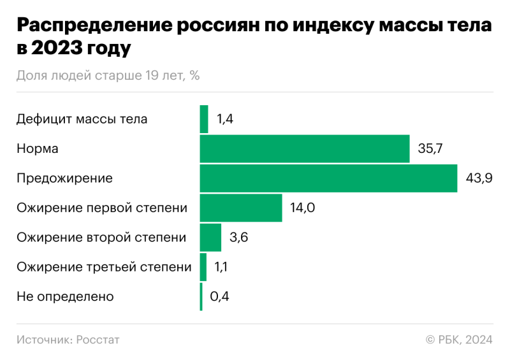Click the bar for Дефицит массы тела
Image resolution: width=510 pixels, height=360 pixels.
pos(204,119)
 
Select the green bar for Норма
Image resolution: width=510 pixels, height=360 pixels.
pos(305,148)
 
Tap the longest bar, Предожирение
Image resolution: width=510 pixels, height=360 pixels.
pos(328,178)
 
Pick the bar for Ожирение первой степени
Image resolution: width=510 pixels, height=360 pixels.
pos(241,208)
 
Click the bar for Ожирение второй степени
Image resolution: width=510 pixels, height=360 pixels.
pos(210,237)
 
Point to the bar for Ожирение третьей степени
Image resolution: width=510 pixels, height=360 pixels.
pos(203,267)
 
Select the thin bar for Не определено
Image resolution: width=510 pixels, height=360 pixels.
pos(201,296)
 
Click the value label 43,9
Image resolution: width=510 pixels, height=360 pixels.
pos(479,178)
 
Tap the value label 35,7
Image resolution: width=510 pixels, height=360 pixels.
pos(430,148)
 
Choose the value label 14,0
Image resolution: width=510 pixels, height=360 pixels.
pos(303,208)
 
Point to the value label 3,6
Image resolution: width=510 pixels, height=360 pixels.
pos(238,237)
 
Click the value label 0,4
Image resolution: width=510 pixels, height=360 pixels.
pos(219,296)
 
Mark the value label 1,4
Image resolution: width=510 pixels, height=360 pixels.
pos(225,119)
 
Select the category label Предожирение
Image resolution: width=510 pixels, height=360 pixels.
pos(64,178)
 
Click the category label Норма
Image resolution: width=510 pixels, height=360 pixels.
pos(38,148)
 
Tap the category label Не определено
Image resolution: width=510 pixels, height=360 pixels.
pos(65,296)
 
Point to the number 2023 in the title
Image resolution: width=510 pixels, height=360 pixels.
pos(59,48)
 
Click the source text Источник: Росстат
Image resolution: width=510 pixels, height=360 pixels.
pos(68,340)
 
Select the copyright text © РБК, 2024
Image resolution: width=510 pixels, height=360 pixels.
pos(459,340)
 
